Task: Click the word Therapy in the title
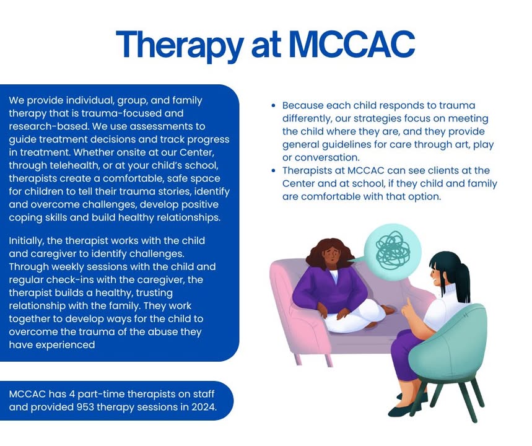(x=180, y=46)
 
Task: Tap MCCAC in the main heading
(x=352, y=44)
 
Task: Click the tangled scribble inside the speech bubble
(x=393, y=251)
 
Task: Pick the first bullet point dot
(x=274, y=105)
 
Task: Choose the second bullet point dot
(x=274, y=170)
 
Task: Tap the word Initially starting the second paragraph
(x=27, y=241)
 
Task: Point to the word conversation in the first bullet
(x=327, y=157)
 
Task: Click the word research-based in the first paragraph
(x=49, y=126)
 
